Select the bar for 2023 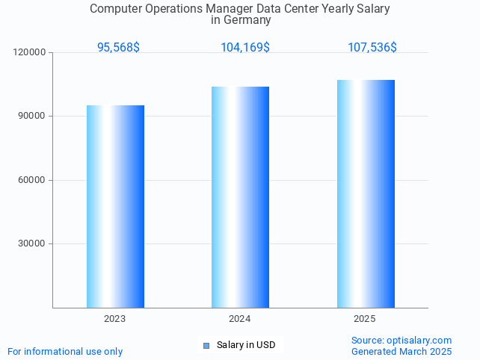point(115,206)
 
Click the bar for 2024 point(240,197)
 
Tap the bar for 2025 point(366,193)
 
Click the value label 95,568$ point(118,47)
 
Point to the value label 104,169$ point(244,47)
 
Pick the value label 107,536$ point(372,47)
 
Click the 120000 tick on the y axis point(30,52)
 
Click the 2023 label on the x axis point(115,319)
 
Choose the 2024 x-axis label point(240,319)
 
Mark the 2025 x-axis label point(365,319)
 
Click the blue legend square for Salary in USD point(207,345)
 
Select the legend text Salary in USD point(246,345)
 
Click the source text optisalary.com point(419,340)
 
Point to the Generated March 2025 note point(401,351)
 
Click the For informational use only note point(65,351)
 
